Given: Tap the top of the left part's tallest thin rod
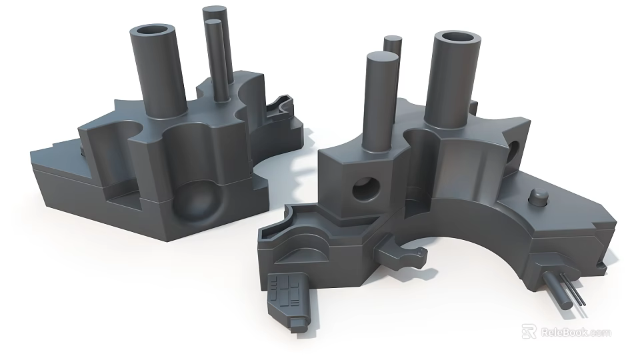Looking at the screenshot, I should [x=215, y=12].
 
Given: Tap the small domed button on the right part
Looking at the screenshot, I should [x=537, y=197].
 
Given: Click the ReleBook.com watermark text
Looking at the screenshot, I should [x=575, y=332].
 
